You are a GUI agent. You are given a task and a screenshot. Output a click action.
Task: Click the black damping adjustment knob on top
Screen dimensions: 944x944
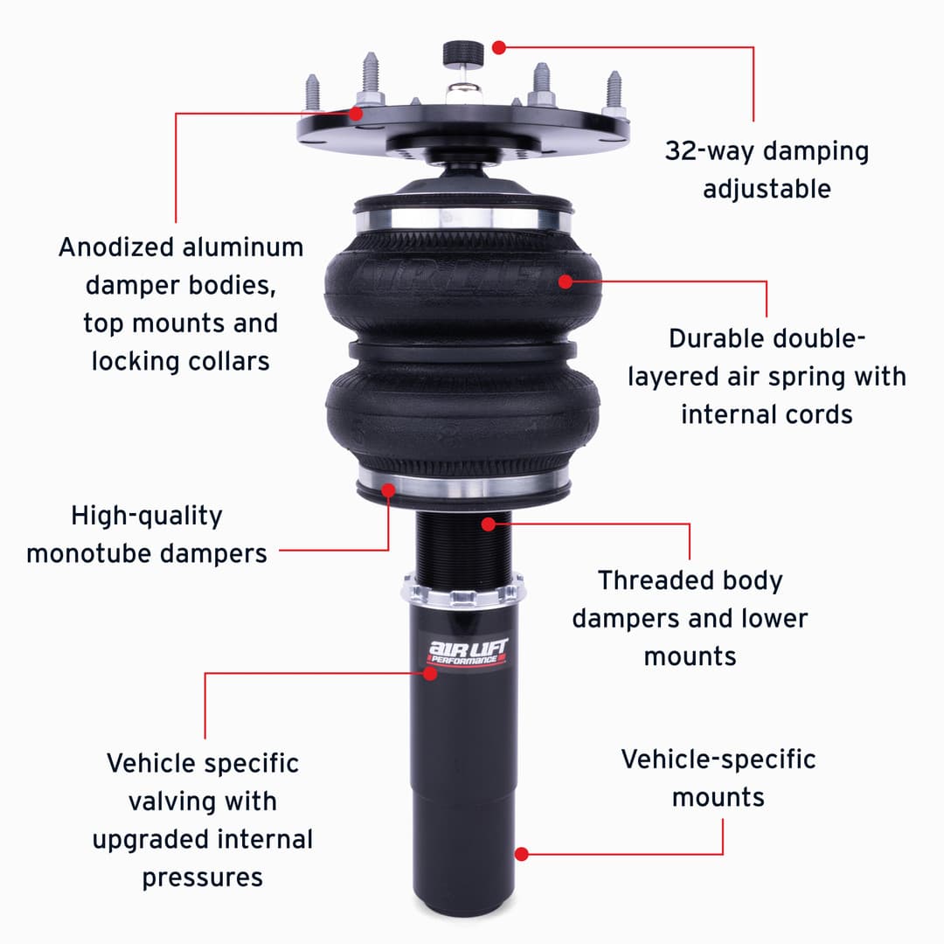463,53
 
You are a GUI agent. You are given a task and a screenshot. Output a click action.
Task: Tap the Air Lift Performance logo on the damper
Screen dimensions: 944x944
468,652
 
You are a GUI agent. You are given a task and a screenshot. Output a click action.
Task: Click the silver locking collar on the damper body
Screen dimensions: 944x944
463,590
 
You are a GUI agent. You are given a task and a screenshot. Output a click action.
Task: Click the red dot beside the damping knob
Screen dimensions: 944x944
498,47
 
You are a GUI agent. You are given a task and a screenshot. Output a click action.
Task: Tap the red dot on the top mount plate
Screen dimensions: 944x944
356,113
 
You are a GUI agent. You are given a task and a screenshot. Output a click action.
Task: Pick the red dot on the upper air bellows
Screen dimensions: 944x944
566,281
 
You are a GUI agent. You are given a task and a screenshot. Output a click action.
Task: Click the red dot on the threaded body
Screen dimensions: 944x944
489,524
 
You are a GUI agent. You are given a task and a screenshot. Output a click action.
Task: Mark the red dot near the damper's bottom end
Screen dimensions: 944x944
522,854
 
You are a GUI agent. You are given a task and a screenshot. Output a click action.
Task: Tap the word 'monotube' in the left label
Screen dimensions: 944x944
87,554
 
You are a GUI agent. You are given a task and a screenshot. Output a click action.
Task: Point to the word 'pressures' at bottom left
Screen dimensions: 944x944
203,878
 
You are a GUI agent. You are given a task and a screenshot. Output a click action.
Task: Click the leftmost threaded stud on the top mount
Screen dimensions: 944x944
312,94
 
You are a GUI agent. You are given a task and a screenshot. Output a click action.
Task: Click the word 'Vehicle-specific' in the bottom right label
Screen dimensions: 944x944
718,760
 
